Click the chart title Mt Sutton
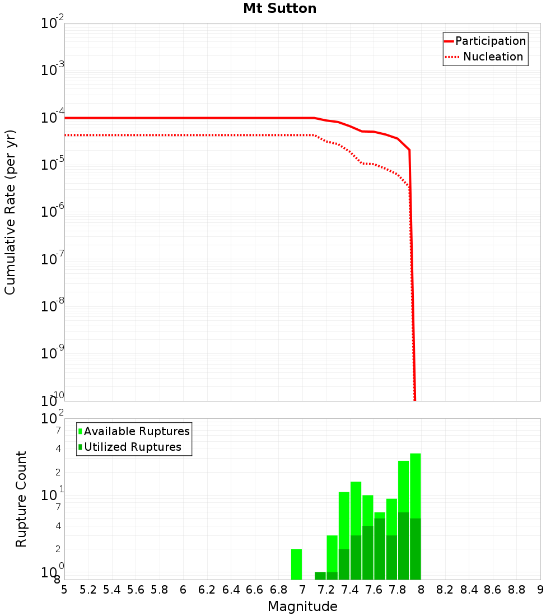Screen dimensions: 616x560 point(279,9)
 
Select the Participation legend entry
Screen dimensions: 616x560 point(490,41)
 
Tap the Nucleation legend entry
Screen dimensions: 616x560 point(492,57)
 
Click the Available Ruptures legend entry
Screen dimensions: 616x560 point(136,431)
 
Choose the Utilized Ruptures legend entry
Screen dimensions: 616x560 point(132,447)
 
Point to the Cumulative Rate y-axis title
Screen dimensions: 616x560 point(10,212)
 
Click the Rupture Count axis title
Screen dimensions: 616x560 point(21,498)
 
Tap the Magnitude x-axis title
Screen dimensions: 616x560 point(302,606)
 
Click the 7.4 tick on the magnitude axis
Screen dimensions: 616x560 point(350,589)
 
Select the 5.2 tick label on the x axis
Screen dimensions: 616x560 point(88,589)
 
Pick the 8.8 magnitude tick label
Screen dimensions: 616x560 point(516,589)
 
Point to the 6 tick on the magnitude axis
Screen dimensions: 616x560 point(183,589)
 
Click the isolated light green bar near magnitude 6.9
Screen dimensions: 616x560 point(296,564)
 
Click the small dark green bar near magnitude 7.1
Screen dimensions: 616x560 point(320,576)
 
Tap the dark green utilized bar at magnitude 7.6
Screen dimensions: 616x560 point(380,549)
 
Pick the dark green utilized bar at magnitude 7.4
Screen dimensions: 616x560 point(356,557)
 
